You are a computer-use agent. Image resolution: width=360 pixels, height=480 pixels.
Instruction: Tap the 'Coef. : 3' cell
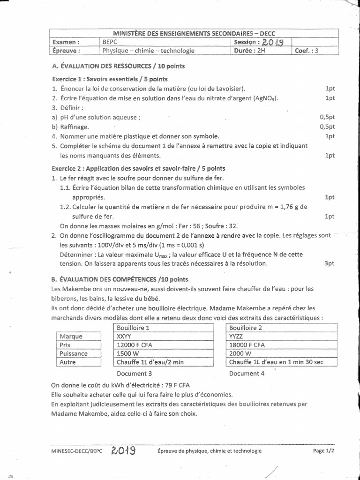click(306, 51)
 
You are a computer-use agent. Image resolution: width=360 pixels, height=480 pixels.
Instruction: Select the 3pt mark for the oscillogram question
click(329, 264)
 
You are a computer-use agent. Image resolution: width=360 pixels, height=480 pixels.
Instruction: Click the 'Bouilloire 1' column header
click(133, 328)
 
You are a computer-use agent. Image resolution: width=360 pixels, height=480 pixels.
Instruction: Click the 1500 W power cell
click(127, 353)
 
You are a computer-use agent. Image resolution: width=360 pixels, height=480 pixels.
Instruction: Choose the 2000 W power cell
click(240, 353)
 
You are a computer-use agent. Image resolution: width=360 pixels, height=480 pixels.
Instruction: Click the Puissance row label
click(74, 353)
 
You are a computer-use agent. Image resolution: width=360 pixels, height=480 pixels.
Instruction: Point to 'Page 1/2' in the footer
click(326, 450)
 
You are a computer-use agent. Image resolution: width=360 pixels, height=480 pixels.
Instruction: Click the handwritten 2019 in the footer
click(123, 450)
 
